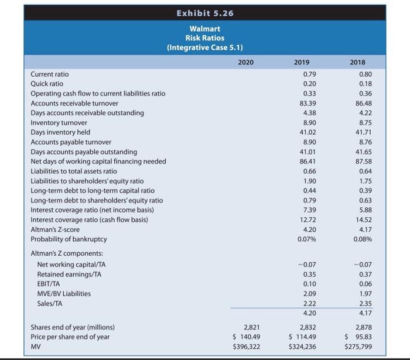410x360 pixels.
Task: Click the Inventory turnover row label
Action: point(59,122)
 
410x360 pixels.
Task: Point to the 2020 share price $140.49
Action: point(247,337)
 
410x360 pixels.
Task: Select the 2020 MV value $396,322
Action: point(246,346)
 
